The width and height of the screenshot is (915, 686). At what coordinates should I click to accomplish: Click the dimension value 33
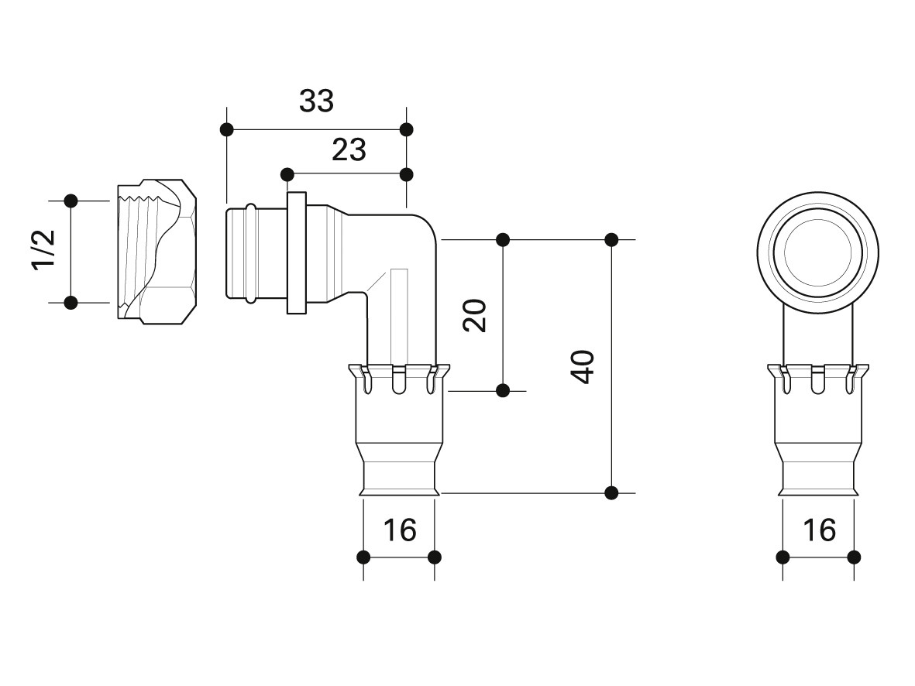(x=316, y=101)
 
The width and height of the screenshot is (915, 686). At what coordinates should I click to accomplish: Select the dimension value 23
(x=349, y=150)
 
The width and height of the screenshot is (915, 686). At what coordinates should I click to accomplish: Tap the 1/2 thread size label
(x=43, y=249)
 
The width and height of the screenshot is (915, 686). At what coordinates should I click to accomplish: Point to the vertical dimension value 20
(x=474, y=315)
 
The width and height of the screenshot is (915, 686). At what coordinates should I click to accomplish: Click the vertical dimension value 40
(x=583, y=367)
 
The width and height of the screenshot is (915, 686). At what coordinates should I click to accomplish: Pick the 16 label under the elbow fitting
(x=400, y=530)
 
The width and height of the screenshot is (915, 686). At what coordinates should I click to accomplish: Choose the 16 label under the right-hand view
(x=819, y=530)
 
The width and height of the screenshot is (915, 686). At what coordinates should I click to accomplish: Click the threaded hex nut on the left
(x=157, y=252)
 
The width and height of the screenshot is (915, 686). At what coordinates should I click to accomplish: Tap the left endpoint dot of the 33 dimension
(x=227, y=129)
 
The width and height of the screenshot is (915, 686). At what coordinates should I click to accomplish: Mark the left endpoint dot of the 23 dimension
(x=287, y=174)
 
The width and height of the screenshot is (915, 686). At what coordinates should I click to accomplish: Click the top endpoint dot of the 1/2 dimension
(x=71, y=201)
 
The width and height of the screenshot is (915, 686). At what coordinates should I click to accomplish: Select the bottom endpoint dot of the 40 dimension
(x=611, y=493)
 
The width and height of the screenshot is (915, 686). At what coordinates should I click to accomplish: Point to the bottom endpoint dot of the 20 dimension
(x=502, y=391)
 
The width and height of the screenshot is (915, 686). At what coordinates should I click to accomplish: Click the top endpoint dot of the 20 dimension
(x=502, y=240)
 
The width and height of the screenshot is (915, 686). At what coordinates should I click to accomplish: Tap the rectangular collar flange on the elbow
(x=297, y=252)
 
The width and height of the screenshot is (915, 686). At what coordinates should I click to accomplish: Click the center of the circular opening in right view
(x=818, y=252)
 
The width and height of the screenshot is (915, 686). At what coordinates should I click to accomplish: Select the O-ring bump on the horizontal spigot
(x=250, y=252)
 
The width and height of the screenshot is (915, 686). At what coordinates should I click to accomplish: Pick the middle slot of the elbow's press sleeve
(x=398, y=379)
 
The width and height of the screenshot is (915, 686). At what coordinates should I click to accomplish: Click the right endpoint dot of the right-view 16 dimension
(x=854, y=557)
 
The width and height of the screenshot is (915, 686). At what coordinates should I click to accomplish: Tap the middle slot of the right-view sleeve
(x=818, y=379)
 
